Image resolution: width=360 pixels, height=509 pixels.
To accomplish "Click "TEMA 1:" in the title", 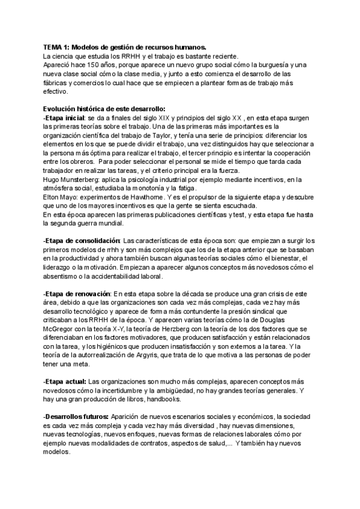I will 57,47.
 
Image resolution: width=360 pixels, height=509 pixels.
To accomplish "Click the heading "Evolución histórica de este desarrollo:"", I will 98,109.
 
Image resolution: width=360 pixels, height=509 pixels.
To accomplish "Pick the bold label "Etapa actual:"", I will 65,382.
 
